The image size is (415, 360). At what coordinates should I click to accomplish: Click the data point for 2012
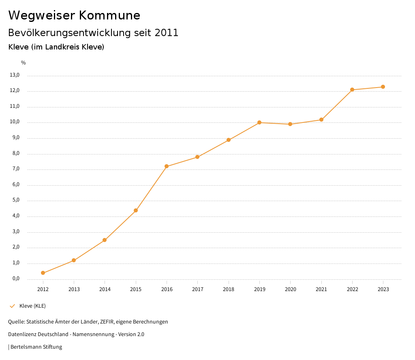tap(43, 273)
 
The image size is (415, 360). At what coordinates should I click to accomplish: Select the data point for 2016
tap(167, 166)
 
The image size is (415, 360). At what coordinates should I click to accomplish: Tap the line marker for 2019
tap(259, 122)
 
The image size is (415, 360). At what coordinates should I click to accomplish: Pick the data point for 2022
tap(352, 90)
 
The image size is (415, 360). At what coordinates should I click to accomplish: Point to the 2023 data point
tap(383, 87)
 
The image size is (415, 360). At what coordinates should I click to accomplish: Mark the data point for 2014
tap(105, 240)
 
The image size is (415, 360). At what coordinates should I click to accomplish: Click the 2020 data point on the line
tap(290, 124)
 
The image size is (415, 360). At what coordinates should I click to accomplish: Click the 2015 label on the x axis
tap(136, 289)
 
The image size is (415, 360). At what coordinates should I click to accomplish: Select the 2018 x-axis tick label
tap(229, 289)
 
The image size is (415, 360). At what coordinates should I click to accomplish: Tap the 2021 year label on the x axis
tap(321, 289)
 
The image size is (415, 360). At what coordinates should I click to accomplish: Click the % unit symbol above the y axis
tap(24, 63)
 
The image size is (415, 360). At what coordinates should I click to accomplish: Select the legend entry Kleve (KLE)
tap(32, 306)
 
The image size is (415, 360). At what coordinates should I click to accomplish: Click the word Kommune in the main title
tap(109, 15)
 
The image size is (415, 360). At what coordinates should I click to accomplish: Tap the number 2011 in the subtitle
tap(167, 33)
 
